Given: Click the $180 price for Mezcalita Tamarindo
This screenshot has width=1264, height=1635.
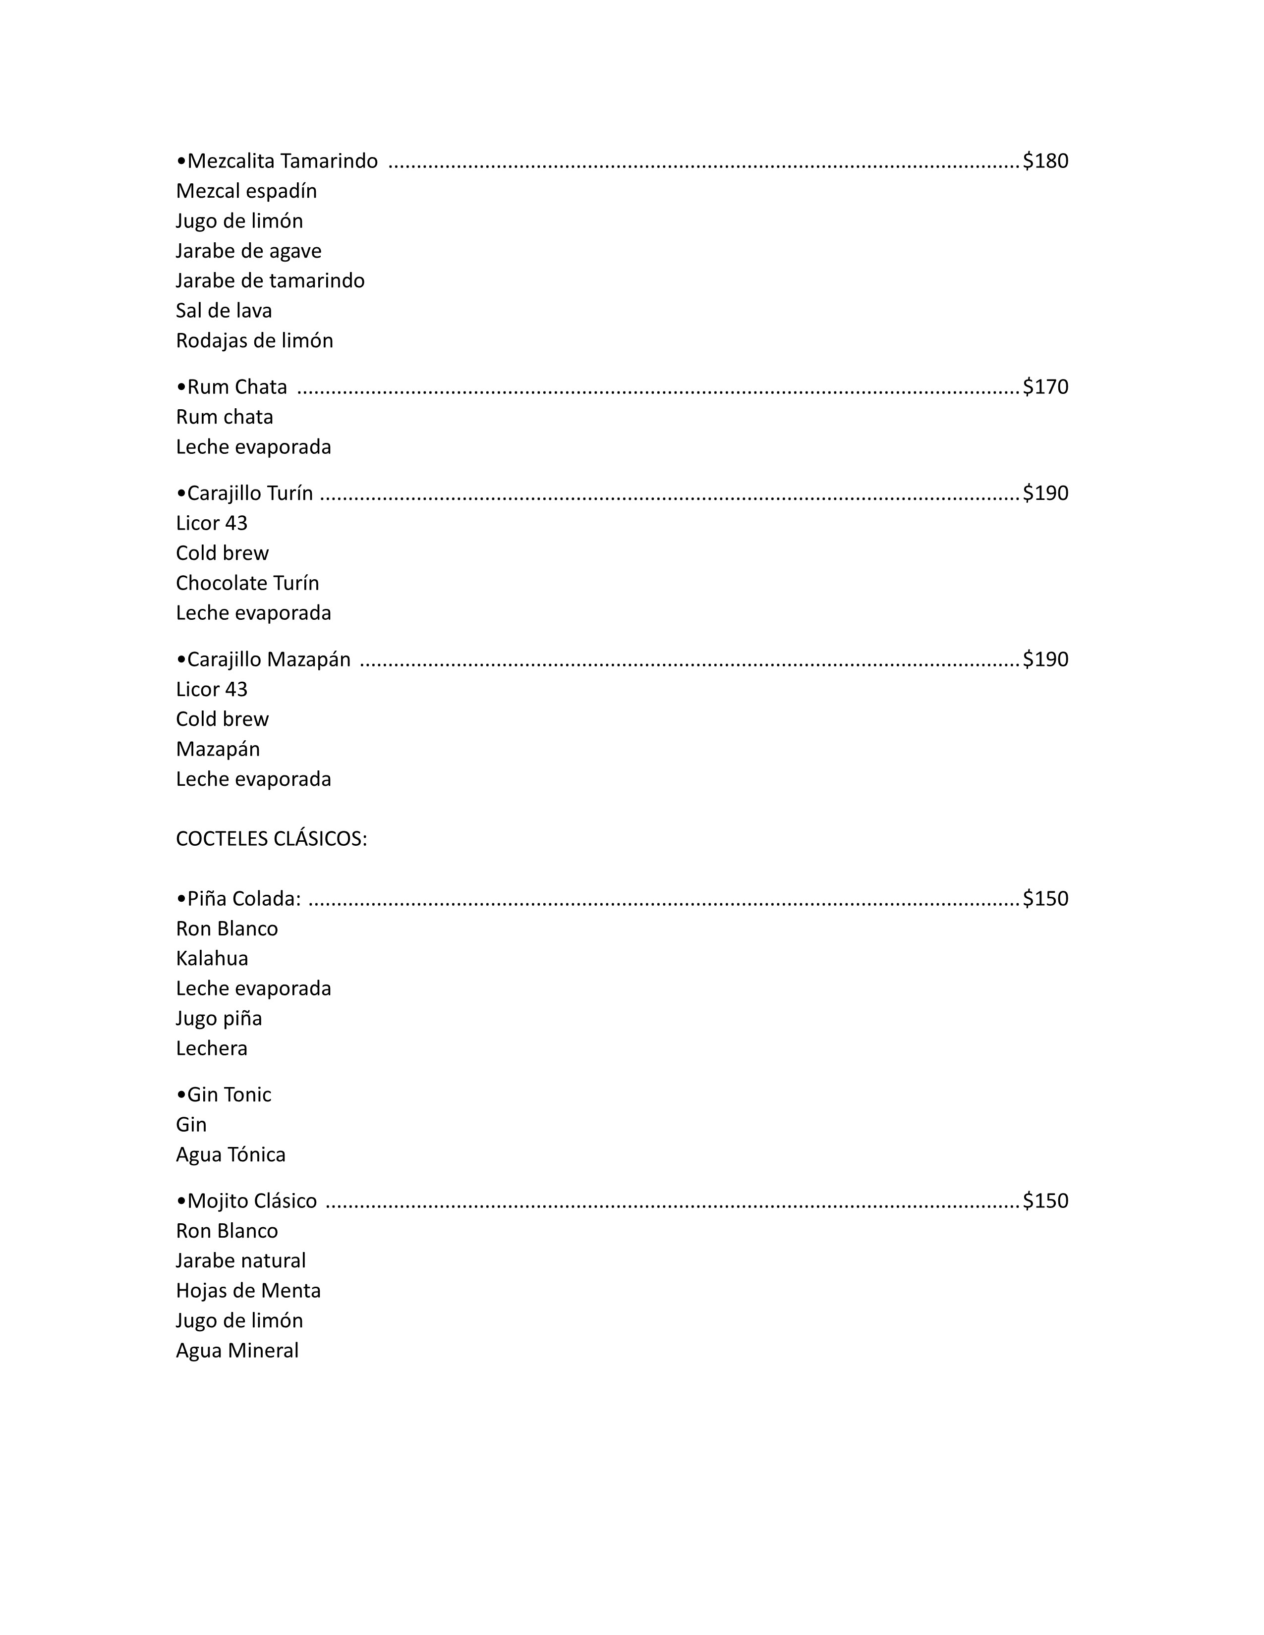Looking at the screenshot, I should click(1045, 161).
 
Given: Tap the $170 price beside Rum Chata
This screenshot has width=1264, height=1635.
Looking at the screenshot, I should click(1045, 387).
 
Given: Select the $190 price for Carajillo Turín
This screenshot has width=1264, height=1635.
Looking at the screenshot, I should click(1045, 493).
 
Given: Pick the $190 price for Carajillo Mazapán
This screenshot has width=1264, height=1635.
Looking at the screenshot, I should click(1045, 659).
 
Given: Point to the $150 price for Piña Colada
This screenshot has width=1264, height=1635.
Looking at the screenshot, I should click(1045, 898).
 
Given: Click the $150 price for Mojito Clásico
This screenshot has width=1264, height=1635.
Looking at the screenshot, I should click(1045, 1201).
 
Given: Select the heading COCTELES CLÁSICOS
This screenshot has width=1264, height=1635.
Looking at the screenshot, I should click(271, 839).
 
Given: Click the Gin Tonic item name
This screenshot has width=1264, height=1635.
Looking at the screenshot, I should click(224, 1094).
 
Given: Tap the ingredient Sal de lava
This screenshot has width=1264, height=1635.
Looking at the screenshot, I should click(224, 311).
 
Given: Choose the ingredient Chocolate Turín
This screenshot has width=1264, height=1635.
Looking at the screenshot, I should click(247, 583).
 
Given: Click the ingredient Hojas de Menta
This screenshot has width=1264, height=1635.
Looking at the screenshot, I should click(248, 1291).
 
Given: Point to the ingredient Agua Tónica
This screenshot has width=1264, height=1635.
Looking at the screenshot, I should click(230, 1154).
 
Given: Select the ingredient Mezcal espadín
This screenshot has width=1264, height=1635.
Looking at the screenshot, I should click(246, 191).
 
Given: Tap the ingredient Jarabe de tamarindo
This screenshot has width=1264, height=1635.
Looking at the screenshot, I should click(270, 281).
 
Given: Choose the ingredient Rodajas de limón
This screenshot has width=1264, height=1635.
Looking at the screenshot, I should click(255, 341).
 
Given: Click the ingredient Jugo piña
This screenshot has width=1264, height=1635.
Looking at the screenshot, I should click(219, 1018).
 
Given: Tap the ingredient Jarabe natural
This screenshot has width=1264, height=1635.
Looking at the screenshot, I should click(240, 1261).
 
